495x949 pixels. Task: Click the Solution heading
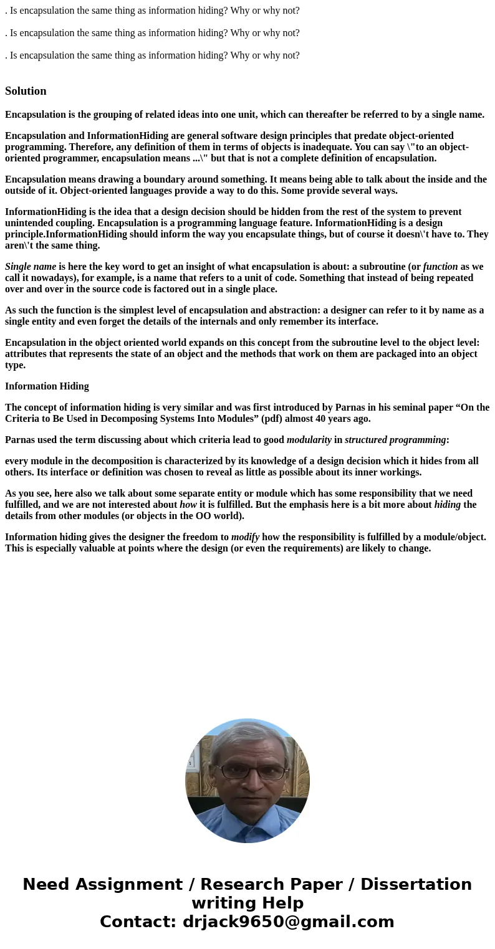tap(26, 91)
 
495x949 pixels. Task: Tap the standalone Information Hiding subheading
tap(47, 386)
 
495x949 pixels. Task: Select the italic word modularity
tap(309, 440)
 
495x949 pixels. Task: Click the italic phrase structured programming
tap(395, 440)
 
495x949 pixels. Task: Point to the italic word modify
tap(245, 537)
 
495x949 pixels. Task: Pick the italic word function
tap(440, 267)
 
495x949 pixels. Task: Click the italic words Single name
tap(31, 267)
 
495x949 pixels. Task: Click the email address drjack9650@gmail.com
tap(288, 922)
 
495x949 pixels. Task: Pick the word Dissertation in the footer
tap(416, 884)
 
